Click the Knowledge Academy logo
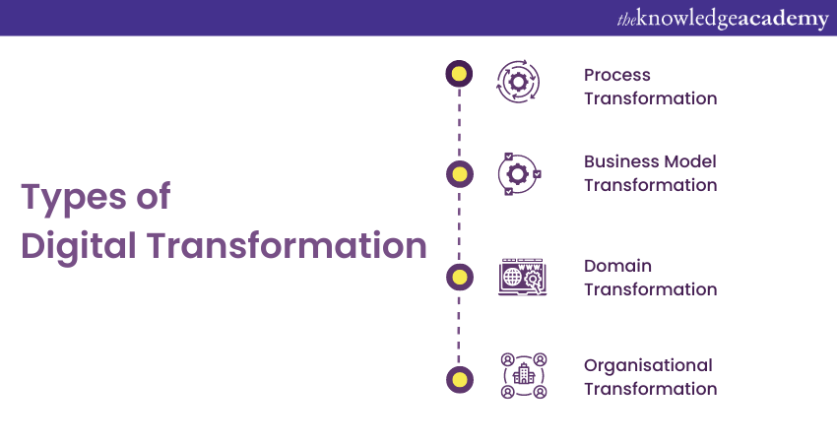pyautogui.click(x=723, y=18)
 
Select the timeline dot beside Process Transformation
pyautogui.click(x=459, y=73)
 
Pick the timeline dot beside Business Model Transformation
pyautogui.click(x=459, y=174)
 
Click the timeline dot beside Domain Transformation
pyautogui.click(x=459, y=277)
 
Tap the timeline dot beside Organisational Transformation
pyautogui.click(x=459, y=378)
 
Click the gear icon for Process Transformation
pyautogui.click(x=517, y=82)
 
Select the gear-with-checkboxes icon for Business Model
pyautogui.click(x=517, y=174)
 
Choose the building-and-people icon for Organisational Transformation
pyautogui.click(x=523, y=376)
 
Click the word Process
pyautogui.click(x=617, y=75)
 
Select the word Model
pyautogui.click(x=692, y=161)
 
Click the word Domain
pyautogui.click(x=617, y=266)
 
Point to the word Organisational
pyautogui.click(x=648, y=365)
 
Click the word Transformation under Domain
pyautogui.click(x=650, y=289)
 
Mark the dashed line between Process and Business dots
pyautogui.click(x=459, y=123)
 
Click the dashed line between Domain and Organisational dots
pyautogui.click(x=459, y=328)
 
